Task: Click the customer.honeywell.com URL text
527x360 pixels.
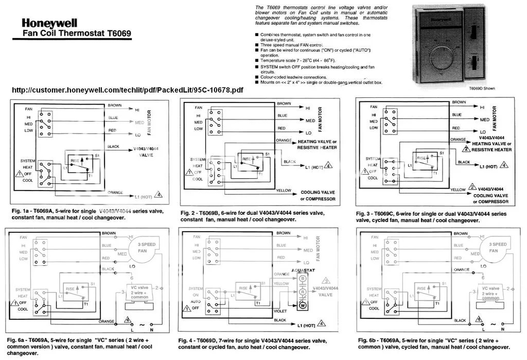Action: coord(127,90)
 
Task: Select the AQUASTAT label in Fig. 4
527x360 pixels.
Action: coord(304,269)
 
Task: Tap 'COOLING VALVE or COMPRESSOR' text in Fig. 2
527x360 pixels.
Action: coord(318,195)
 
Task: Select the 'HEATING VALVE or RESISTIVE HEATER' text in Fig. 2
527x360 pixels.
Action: coord(317,144)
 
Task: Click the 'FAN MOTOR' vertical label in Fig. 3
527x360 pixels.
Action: coord(495,118)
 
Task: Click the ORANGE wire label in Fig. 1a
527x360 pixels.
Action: coord(115,192)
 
